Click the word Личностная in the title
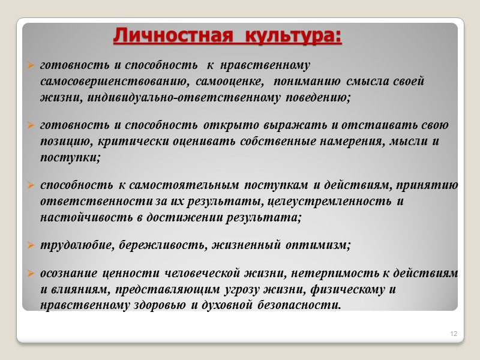[172, 35]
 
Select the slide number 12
[454, 333]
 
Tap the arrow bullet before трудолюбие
[31, 245]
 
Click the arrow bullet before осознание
[31, 274]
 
